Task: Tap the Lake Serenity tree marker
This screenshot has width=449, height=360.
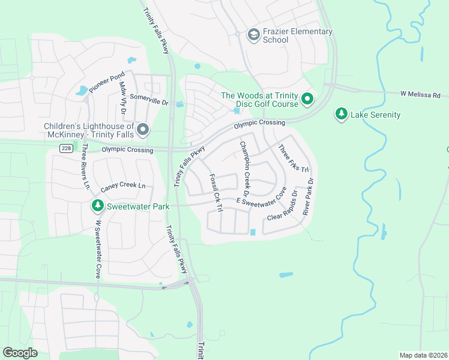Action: pos(342,114)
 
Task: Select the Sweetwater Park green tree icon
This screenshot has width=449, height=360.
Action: pos(97,206)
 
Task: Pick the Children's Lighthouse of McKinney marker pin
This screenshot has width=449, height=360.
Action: pos(143,130)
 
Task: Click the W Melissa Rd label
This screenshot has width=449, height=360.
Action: pos(420,94)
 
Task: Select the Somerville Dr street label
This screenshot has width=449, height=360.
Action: pos(149,102)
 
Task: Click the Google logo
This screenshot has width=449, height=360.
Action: pos(20,353)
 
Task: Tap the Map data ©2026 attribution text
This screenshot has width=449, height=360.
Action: pos(423,355)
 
